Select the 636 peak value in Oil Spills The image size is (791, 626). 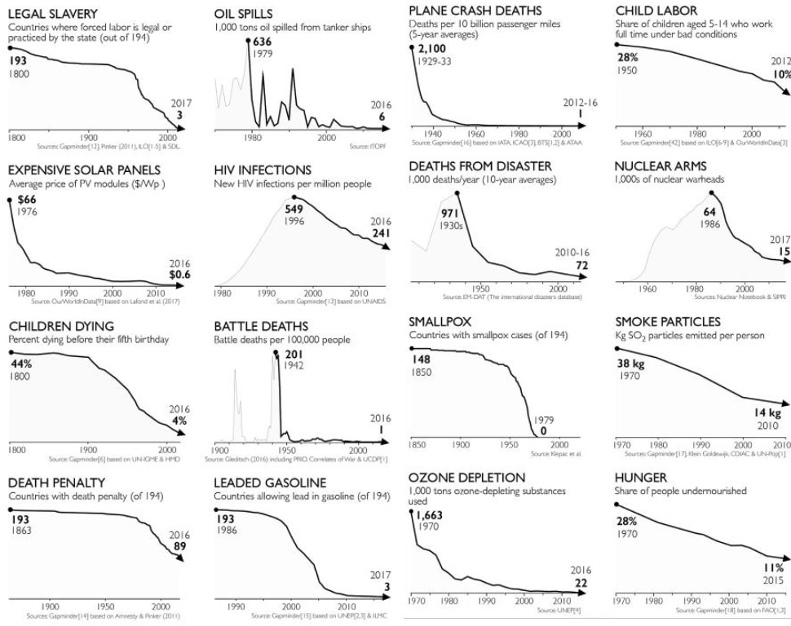(x=263, y=42)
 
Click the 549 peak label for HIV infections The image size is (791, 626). (x=295, y=209)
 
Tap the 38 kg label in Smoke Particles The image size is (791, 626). (x=630, y=364)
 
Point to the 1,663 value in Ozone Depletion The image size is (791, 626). (x=432, y=516)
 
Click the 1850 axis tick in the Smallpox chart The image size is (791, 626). (x=416, y=445)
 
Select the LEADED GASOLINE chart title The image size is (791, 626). (x=270, y=483)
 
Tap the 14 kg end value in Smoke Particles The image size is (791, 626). (x=767, y=413)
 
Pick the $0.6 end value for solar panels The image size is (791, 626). (x=178, y=274)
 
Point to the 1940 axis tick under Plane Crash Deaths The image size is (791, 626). (x=433, y=133)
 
